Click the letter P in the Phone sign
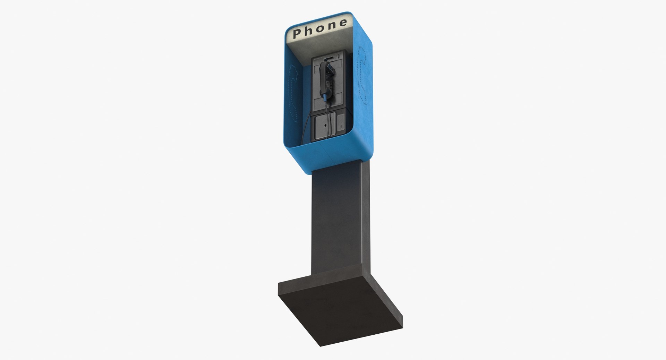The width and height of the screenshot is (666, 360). tap(297, 34)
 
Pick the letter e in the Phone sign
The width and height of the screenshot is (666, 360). tap(343, 23)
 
